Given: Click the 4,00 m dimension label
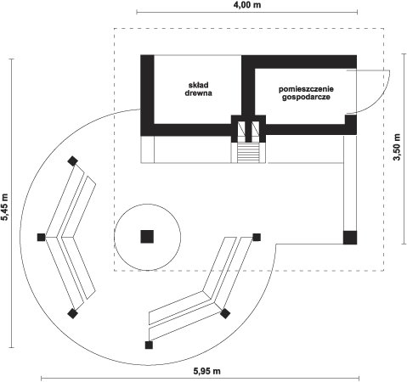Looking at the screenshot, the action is point(247,5).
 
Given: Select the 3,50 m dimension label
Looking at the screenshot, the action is point(398,147).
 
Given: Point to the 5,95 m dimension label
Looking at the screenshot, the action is point(207,371).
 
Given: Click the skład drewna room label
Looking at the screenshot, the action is point(199,89).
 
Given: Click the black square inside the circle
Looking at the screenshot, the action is point(147,237).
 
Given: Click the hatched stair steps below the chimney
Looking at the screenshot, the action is point(248,153).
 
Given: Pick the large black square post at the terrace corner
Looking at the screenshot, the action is point(350,238).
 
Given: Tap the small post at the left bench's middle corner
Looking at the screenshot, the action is point(42,237).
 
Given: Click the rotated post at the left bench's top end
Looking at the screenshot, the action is point(73,161).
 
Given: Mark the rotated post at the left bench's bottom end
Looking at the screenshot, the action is point(73,313).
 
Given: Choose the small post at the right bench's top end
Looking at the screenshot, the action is point(257,237).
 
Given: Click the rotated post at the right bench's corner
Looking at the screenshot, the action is point(225,313).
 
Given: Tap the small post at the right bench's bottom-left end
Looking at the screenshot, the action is point(149,345).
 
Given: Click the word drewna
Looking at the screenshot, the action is point(199,93).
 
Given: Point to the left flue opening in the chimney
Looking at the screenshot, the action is point(241,128).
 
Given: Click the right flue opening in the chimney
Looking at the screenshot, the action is point(256,128).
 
